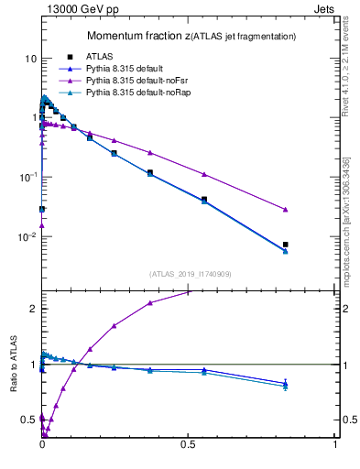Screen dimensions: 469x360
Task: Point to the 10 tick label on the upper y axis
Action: (29, 59)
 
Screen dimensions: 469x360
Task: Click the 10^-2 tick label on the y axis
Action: (27, 236)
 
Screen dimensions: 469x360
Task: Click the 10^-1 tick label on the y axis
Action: (27, 177)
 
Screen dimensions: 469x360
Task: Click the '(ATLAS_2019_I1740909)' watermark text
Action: (191, 274)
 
